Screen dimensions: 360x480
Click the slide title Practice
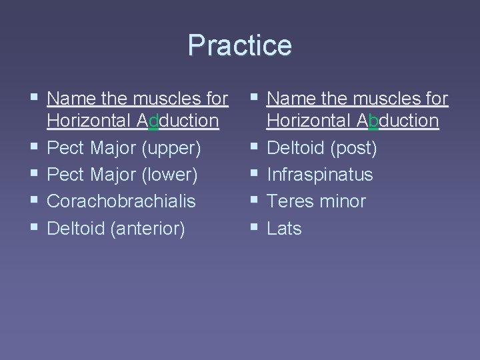pyautogui.click(x=239, y=45)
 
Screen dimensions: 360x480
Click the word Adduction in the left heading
pyautogui.click(x=178, y=121)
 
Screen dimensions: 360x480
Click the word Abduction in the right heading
pyautogui.click(x=398, y=121)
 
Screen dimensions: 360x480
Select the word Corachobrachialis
pyautogui.click(x=121, y=201)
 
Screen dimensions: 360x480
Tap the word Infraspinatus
pyautogui.click(x=319, y=175)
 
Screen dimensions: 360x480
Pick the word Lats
pyautogui.click(x=284, y=228)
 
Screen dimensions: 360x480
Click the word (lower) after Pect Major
pyautogui.click(x=170, y=175)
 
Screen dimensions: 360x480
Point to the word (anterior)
pyautogui.click(x=148, y=228)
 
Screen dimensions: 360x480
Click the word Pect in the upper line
pyautogui.click(x=65, y=148)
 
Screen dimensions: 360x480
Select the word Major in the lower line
pyautogui.click(x=112, y=175)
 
